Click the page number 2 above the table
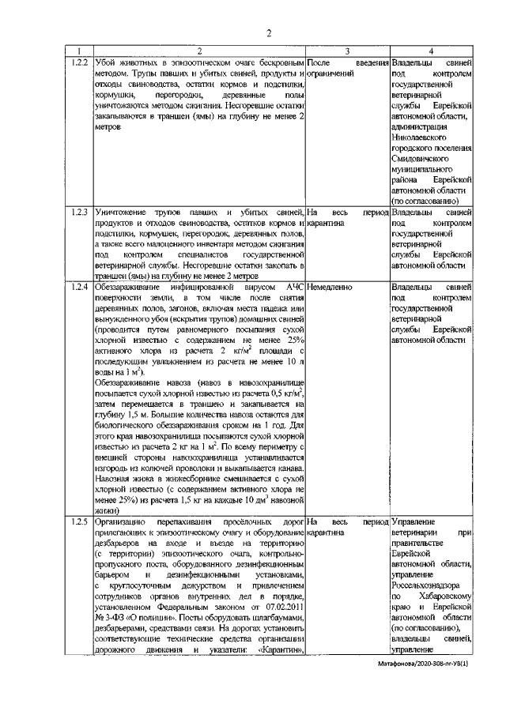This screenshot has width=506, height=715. pos(268,33)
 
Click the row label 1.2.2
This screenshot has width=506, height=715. pos(77,61)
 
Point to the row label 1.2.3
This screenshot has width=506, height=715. pos(77,212)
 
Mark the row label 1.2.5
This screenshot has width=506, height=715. pos(77,522)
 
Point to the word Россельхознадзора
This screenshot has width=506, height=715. pos(431,586)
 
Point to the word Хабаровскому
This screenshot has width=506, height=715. pos(443,597)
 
